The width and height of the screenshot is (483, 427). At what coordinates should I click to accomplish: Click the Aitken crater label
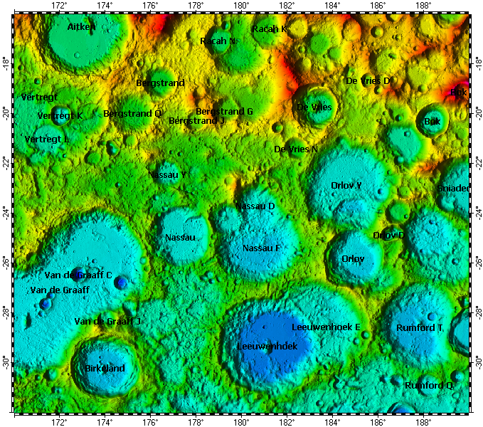tap(81, 26)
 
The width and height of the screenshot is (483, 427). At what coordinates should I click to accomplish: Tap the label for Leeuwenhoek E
tap(326, 327)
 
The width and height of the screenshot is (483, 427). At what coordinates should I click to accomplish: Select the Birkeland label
tap(105, 369)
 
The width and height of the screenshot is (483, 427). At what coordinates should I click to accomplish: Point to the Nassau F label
tap(261, 248)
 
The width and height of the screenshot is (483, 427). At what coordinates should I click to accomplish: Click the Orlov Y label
tap(346, 185)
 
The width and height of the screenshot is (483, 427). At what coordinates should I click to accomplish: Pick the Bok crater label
tap(432, 122)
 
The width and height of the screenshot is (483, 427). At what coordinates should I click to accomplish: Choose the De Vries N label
tap(296, 149)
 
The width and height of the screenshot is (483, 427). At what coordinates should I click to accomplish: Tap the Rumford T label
tap(420, 328)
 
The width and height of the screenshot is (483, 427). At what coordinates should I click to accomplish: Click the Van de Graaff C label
tap(78, 275)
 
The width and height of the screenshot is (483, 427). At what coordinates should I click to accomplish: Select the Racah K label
tap(270, 29)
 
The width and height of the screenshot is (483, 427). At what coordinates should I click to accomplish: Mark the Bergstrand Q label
tap(132, 113)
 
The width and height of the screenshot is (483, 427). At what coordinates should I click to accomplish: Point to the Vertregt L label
tap(47, 139)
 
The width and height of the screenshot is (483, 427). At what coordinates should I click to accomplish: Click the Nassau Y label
tap(168, 174)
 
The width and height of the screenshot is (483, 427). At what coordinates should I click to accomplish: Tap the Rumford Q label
tap(429, 385)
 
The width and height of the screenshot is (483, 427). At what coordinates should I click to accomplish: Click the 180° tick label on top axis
tap(241, 6)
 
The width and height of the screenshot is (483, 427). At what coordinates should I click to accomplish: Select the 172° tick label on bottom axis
tap(60, 422)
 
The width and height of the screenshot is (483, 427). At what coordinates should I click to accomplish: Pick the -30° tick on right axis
tap(477, 362)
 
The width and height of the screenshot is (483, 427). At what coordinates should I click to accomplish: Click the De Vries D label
tap(368, 81)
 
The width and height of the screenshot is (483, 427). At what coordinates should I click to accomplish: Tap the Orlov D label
tap(388, 236)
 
